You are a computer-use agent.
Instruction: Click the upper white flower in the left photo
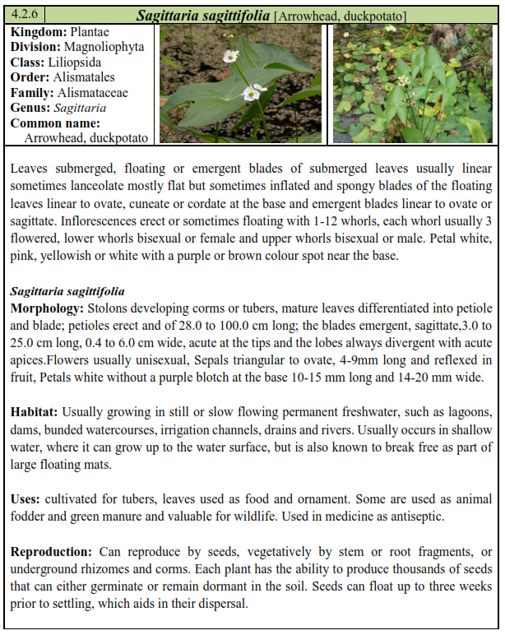point(231,57)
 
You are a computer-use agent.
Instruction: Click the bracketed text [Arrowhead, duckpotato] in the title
point(341,16)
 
